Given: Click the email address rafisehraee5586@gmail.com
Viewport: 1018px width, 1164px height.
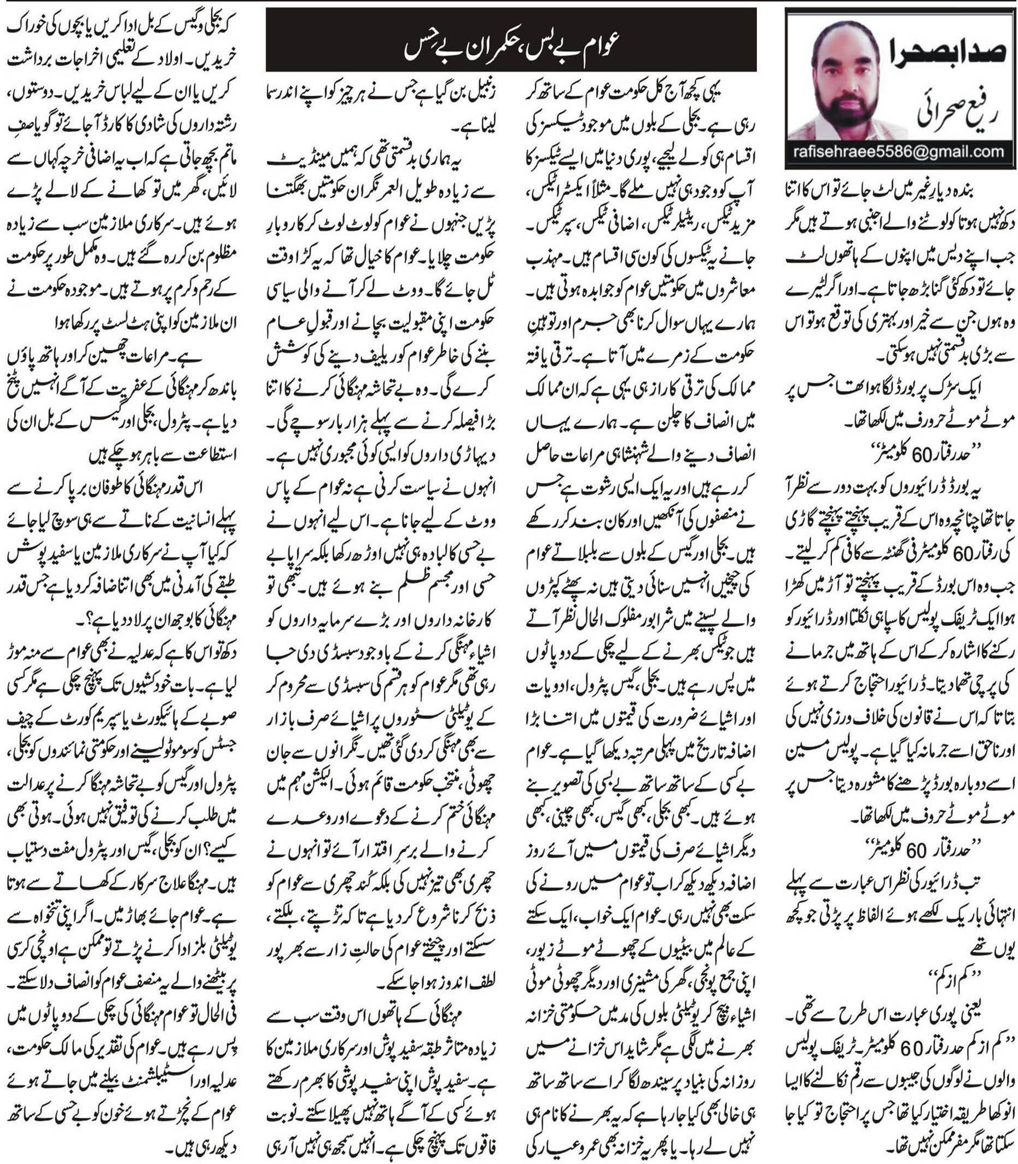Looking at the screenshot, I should pyautogui.click(x=898, y=152).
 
